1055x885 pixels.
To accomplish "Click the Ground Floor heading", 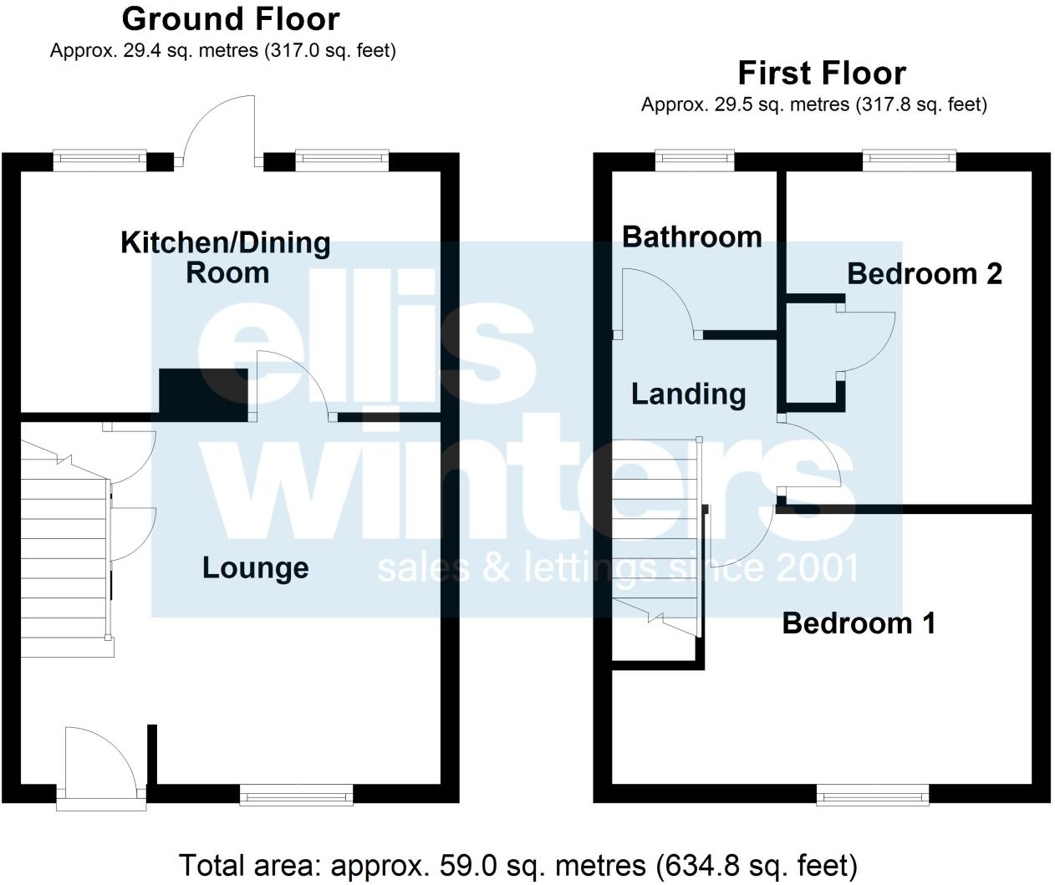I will click(231, 18).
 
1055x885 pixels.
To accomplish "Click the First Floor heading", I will click(821, 74).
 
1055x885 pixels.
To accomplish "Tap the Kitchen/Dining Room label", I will click(226, 257).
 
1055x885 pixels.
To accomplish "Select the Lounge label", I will click(256, 567).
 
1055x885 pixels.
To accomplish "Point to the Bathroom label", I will click(691, 237).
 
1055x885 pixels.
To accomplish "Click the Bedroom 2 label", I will click(924, 273).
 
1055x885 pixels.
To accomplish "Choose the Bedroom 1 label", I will click(859, 623).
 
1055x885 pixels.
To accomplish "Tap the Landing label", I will click(688, 393).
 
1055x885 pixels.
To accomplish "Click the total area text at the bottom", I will click(518, 865).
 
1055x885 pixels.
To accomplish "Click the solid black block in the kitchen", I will click(203, 394).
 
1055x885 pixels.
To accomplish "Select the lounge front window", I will click(297, 795).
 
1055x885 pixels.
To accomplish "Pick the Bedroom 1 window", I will click(873, 795).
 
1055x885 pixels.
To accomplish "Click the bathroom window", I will click(695, 160).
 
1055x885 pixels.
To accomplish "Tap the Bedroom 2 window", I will click(909, 160).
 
